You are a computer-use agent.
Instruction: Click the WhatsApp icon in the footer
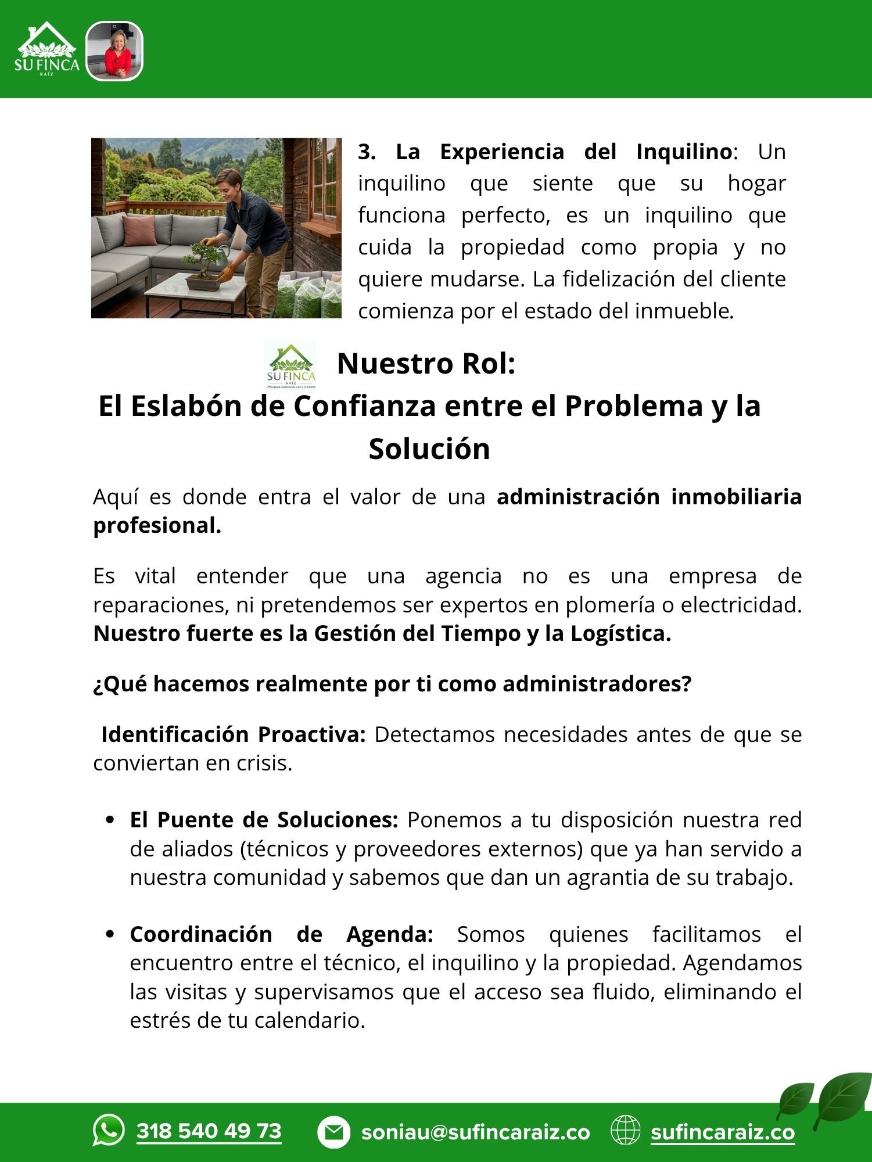click(109, 1130)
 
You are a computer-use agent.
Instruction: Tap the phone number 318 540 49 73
click(209, 1131)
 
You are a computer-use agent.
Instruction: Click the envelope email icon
click(333, 1132)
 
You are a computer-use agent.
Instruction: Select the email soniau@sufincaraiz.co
click(475, 1132)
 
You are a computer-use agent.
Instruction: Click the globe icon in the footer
click(625, 1131)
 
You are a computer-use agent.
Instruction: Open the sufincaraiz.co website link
click(723, 1132)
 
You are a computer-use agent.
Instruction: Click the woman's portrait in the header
click(114, 51)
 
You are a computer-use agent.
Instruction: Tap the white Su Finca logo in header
click(46, 51)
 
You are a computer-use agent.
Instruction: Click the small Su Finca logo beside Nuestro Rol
click(290, 365)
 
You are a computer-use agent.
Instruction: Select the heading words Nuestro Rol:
click(426, 364)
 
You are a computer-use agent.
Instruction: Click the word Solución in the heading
click(429, 449)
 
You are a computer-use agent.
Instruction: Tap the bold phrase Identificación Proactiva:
click(233, 734)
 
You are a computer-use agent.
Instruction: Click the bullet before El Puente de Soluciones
click(110, 821)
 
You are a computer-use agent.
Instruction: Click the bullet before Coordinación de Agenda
click(110, 935)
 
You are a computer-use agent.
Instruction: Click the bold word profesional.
click(157, 525)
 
